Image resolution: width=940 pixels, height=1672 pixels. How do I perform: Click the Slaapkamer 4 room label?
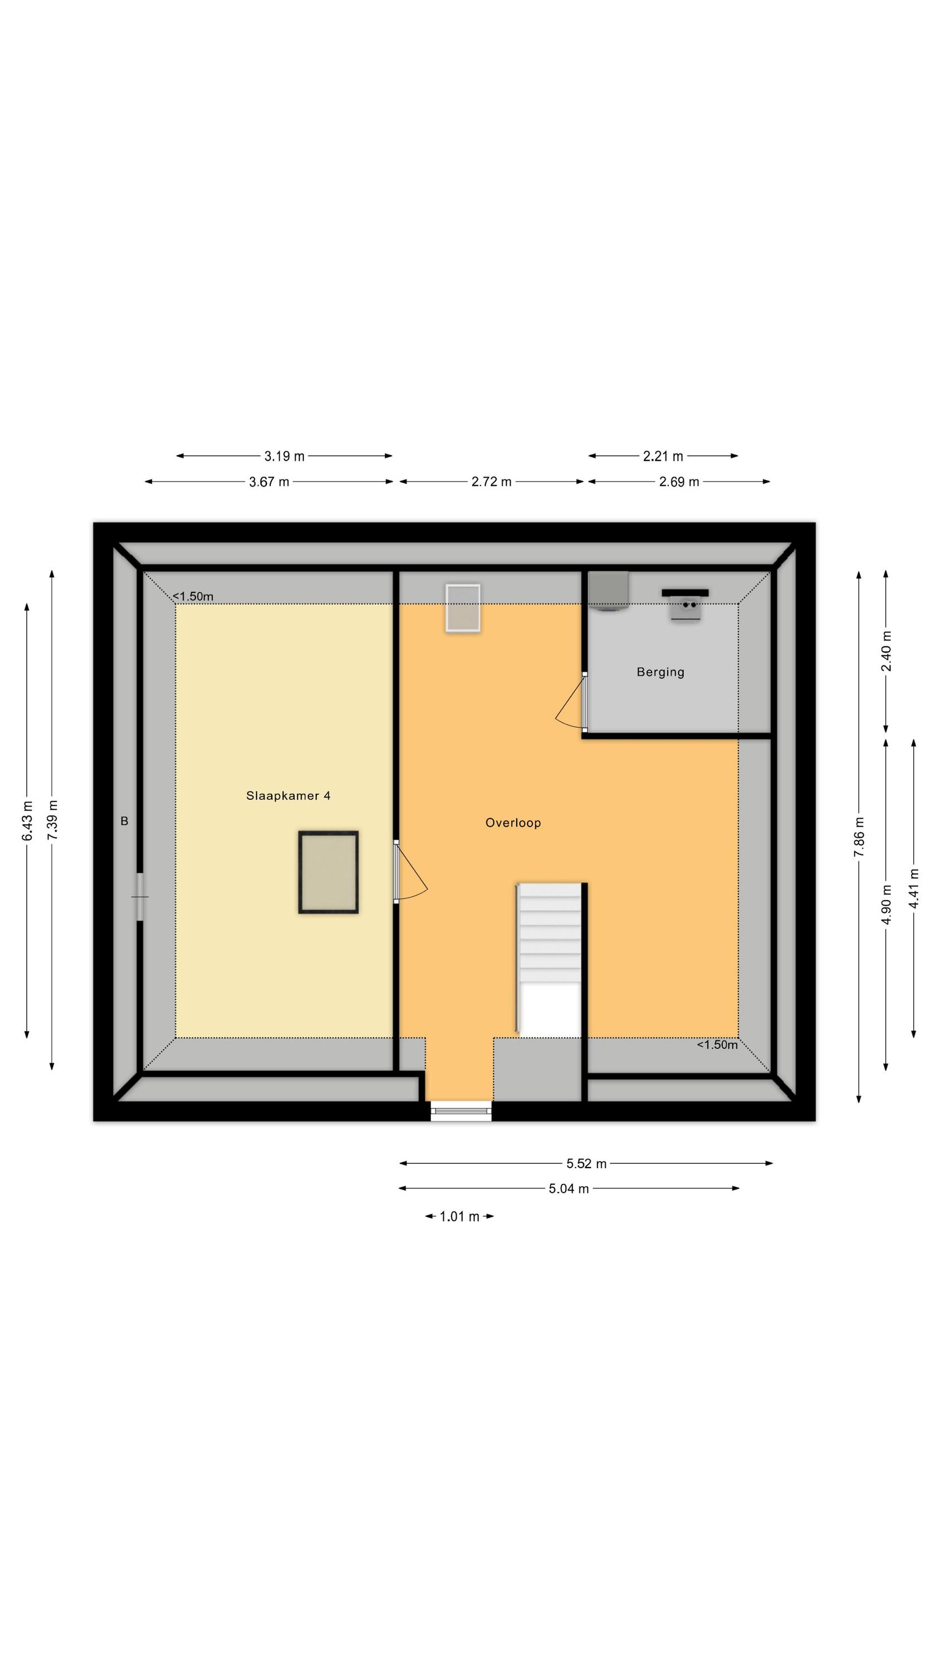pos(288,796)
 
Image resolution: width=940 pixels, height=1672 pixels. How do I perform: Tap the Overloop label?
pos(513,823)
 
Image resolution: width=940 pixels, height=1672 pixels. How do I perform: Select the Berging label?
pos(660,673)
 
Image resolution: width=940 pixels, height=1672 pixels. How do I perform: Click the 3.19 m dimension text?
pos(284,456)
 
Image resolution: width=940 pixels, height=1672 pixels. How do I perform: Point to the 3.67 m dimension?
pos(269,482)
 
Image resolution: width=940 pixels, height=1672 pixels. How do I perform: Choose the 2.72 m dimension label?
pos(492,482)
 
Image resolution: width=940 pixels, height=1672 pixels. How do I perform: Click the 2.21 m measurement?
pos(663,456)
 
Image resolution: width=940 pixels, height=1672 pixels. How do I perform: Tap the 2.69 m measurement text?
pos(679,482)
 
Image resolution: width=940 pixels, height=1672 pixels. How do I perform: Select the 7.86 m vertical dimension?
pos(859,837)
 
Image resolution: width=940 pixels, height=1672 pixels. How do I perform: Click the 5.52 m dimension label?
pos(586,1164)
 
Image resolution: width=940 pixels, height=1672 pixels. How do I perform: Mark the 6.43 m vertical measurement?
pos(27,820)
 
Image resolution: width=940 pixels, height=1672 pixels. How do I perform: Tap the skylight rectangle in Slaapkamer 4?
pos(328,872)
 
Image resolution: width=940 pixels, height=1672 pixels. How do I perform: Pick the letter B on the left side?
pos(125,821)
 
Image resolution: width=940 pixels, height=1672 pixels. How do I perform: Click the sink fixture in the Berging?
pos(686,608)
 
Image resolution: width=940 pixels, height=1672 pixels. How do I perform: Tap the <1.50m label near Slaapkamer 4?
pos(193,596)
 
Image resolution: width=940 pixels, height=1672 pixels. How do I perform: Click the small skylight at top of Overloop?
pos(463,608)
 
